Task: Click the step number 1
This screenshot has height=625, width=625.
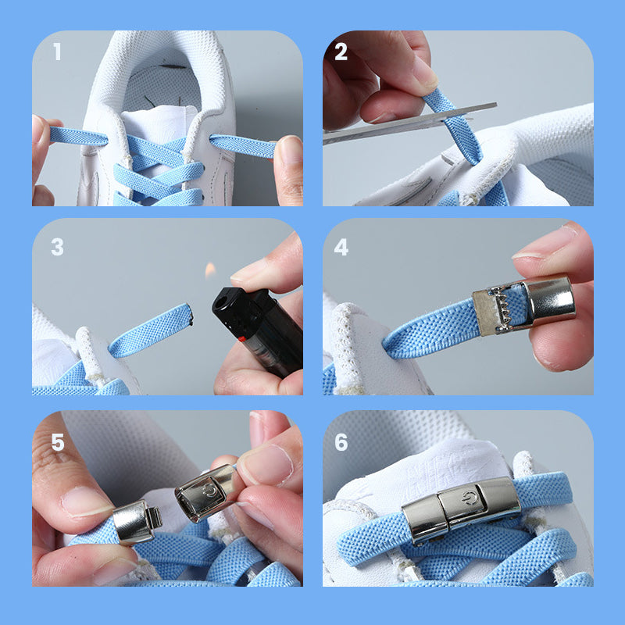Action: tap(57, 52)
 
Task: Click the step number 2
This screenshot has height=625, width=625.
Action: tap(341, 52)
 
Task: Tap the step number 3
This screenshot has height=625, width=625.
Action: tap(57, 247)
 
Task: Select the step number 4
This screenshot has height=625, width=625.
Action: tap(341, 247)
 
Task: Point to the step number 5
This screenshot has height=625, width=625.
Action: tap(58, 442)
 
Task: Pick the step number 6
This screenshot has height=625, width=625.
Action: tap(341, 442)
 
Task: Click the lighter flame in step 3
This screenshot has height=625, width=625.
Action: tap(210, 270)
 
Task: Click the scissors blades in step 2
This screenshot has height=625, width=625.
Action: tap(411, 123)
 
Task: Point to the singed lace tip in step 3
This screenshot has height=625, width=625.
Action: tap(190, 314)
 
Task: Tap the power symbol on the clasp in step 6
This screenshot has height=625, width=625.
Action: tap(470, 498)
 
